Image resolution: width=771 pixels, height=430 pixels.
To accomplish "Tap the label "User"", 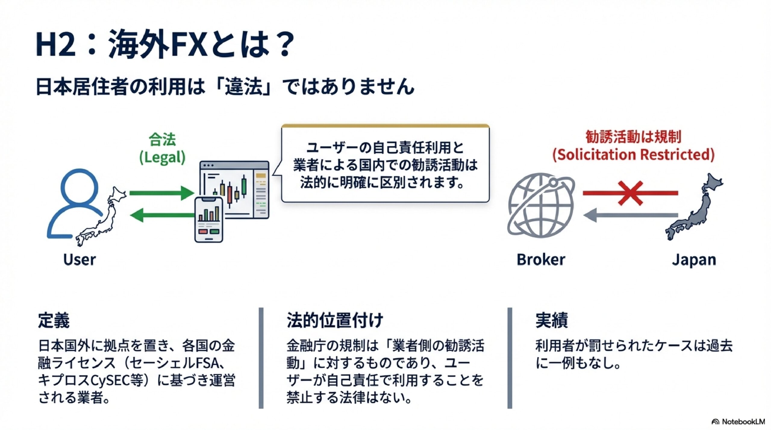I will pyautogui.click(x=80, y=259).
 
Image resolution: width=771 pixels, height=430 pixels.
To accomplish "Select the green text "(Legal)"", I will pyautogui.click(x=162, y=157).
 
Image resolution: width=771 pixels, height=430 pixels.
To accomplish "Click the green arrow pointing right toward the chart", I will pyautogui.click(x=161, y=193).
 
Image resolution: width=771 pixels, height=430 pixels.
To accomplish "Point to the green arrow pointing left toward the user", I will pyautogui.click(x=161, y=215).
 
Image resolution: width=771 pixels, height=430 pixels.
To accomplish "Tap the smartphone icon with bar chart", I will pyautogui.click(x=209, y=220).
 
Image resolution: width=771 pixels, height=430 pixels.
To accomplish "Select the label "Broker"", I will pyautogui.click(x=541, y=259).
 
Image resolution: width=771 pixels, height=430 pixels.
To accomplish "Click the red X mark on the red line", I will pyautogui.click(x=630, y=193).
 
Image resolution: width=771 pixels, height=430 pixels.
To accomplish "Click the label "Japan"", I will pyautogui.click(x=694, y=259).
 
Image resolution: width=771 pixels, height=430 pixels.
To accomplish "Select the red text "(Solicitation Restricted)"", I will pyautogui.click(x=633, y=155).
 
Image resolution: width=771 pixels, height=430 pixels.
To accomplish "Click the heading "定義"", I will pyautogui.click(x=54, y=320).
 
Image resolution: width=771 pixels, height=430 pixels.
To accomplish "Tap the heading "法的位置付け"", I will pyautogui.click(x=335, y=320).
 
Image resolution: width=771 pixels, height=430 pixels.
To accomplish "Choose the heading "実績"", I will pyautogui.click(x=551, y=320).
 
